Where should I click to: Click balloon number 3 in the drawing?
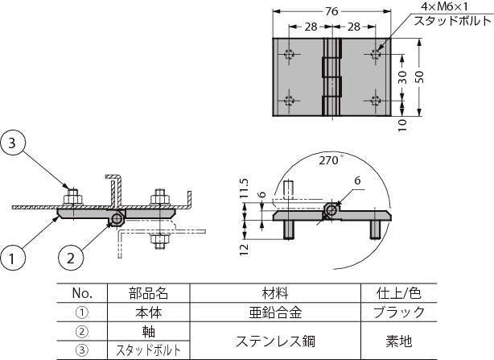point(11,144)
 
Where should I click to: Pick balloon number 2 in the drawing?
point(71,259)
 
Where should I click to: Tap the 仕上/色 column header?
point(400,292)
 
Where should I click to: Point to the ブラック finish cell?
point(400,312)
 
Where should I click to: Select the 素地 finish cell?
point(400,340)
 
